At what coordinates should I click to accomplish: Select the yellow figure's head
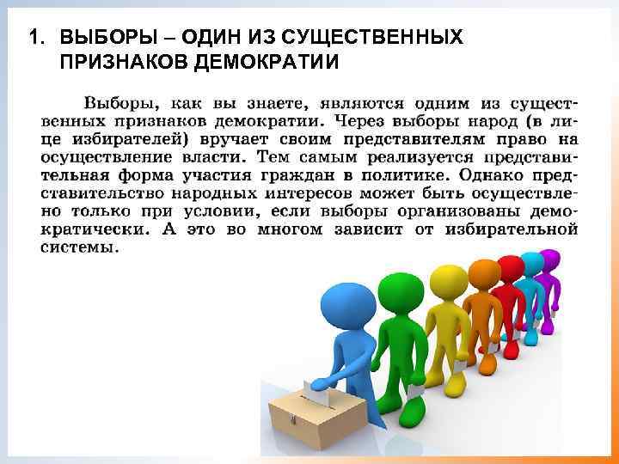(447, 279)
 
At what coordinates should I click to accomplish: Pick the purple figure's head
(549, 259)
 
